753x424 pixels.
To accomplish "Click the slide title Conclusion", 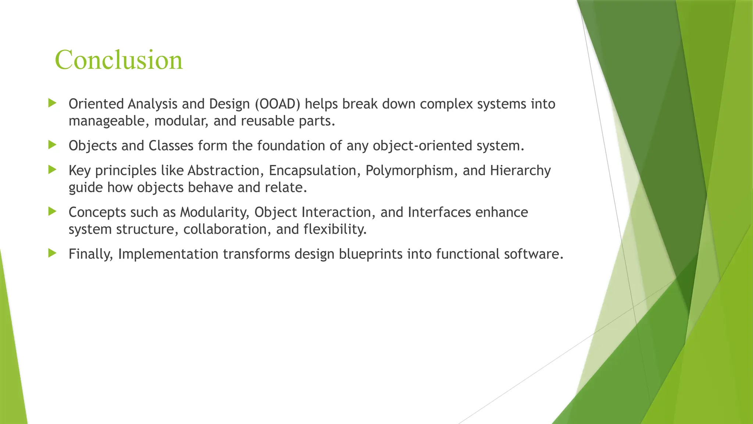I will click(x=118, y=60).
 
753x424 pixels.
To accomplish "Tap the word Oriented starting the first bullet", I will click(x=96, y=104).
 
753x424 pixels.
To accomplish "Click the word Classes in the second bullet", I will click(x=171, y=146).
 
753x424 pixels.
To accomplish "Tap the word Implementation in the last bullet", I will click(x=168, y=254).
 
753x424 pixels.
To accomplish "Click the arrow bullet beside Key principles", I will click(x=52, y=170).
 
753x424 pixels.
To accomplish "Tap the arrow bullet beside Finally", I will click(x=52, y=253).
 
